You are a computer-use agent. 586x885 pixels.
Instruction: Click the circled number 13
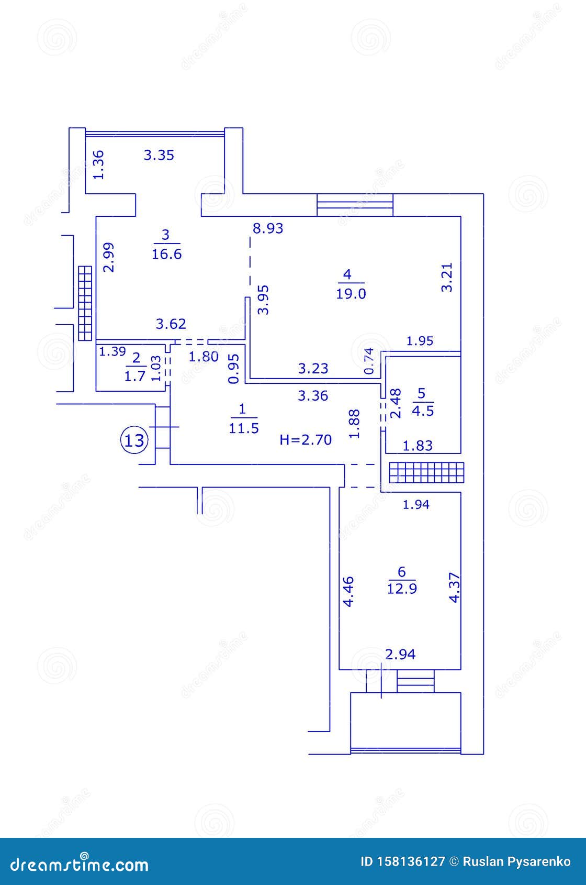pyautogui.click(x=135, y=440)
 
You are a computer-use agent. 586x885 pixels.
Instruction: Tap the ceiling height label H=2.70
pyautogui.click(x=306, y=440)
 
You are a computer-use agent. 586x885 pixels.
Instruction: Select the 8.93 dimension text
pyautogui.click(x=268, y=228)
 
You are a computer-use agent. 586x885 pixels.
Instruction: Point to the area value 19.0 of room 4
pyautogui.click(x=351, y=294)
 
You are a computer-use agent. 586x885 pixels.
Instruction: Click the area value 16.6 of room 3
pyautogui.click(x=166, y=255)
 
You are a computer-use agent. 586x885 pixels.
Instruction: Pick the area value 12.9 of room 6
pyautogui.click(x=402, y=589)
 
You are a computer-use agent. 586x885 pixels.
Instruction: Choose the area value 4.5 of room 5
pyautogui.click(x=423, y=411)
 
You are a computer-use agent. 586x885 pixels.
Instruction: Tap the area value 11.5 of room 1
pyautogui.click(x=244, y=428)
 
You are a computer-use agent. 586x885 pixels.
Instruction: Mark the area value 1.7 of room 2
pyautogui.click(x=135, y=377)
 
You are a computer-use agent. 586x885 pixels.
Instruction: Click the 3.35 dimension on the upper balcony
pyautogui.click(x=159, y=155)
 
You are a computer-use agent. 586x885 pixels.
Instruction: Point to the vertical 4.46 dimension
pyautogui.click(x=348, y=591)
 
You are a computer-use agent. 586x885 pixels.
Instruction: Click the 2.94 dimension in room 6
pyautogui.click(x=400, y=654)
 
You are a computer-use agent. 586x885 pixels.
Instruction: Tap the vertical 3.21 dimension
pyautogui.click(x=447, y=277)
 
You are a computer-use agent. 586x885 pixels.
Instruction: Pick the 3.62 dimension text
pyautogui.click(x=171, y=324)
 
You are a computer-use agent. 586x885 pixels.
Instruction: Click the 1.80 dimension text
pyautogui.click(x=203, y=357)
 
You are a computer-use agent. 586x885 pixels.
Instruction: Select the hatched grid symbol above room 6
pyautogui.click(x=427, y=472)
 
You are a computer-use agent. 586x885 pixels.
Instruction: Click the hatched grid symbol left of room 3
pyautogui.click(x=85, y=303)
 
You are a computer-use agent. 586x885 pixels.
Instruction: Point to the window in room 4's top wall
pyautogui.click(x=355, y=205)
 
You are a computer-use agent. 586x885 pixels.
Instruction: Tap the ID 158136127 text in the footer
pyautogui.click(x=403, y=862)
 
